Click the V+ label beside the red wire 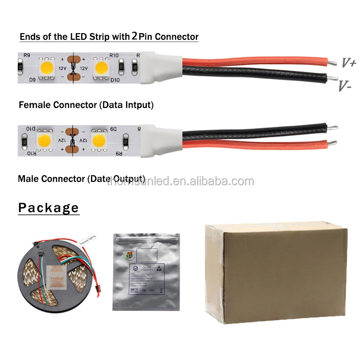click(348, 63)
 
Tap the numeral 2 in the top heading click(135, 36)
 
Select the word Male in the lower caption click(28, 179)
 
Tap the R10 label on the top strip click(114, 56)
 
